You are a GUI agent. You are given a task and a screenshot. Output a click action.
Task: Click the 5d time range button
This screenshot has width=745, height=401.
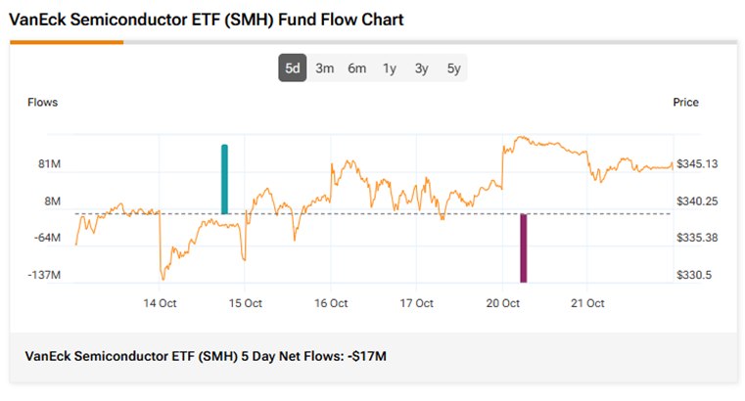(x=293, y=68)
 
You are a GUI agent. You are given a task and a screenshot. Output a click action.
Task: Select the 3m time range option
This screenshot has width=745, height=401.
(x=325, y=68)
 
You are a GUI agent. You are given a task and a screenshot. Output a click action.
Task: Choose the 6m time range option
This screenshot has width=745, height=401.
(x=357, y=68)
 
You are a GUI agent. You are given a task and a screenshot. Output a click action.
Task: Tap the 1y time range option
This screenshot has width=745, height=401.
(x=390, y=68)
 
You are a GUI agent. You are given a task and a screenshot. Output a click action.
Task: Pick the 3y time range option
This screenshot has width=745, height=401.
(x=421, y=68)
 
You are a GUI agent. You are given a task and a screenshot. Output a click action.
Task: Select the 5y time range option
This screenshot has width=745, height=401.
(x=453, y=68)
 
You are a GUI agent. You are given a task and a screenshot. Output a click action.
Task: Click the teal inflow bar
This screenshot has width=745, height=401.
(x=224, y=179)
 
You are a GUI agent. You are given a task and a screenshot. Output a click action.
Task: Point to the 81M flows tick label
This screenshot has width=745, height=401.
(x=49, y=164)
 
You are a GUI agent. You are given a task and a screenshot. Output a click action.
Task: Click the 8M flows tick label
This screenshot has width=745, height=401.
(x=51, y=201)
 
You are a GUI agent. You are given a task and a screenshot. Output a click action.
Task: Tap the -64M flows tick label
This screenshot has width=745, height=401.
(x=47, y=239)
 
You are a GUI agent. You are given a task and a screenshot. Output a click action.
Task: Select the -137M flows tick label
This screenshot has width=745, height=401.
(x=45, y=276)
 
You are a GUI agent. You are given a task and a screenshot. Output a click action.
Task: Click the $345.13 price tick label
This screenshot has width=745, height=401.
(x=698, y=164)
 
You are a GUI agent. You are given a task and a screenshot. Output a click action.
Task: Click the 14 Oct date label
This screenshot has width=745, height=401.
(x=160, y=303)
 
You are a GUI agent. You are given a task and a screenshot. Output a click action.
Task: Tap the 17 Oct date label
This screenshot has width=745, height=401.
(x=417, y=303)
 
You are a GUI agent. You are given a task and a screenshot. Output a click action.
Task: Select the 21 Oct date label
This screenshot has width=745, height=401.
(x=588, y=303)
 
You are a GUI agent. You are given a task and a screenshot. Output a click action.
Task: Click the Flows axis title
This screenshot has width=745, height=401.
(x=43, y=103)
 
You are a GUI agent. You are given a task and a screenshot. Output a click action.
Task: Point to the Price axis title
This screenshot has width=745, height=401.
(x=686, y=103)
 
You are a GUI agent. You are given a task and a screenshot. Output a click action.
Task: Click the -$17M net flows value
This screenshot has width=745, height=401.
(x=367, y=356)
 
